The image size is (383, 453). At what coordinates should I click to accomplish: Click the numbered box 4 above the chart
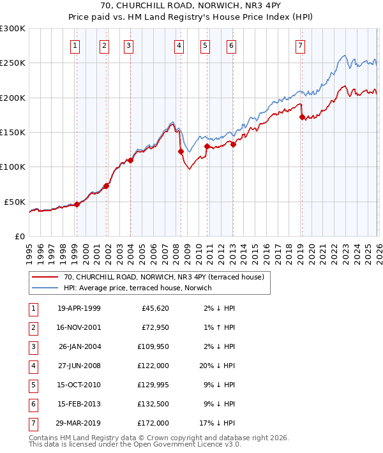coord(179,45)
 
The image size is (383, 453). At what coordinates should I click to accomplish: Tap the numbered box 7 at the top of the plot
coord(300,45)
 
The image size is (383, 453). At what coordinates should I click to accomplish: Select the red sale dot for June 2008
coord(181,152)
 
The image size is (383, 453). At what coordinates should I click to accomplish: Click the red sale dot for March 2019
coord(302,117)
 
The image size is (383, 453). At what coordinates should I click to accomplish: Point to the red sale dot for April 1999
coord(77,204)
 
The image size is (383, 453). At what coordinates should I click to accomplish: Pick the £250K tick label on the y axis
coord(13,63)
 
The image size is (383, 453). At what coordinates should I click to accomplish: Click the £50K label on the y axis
coord(15,202)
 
